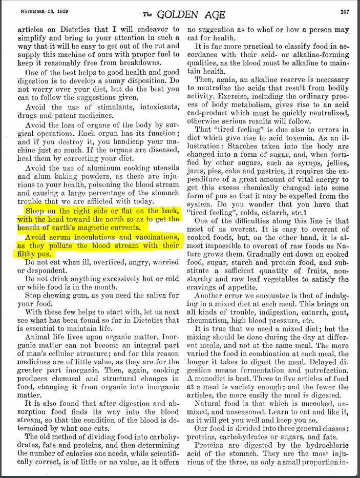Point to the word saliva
pyautogui.click(x=152, y=296)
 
